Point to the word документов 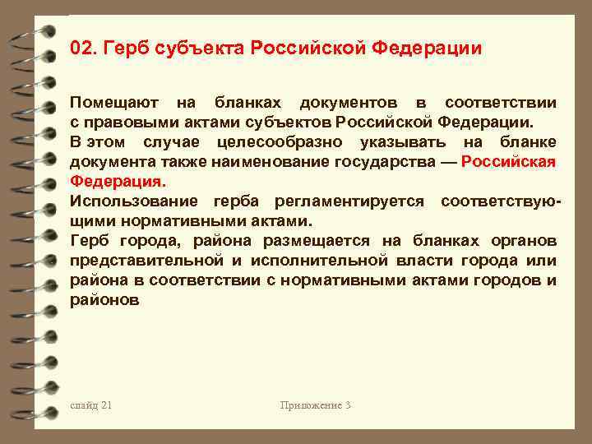[349, 104]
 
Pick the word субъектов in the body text [289, 123]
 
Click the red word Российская [509, 162]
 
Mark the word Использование [133, 201]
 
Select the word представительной [146, 261]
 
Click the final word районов [104, 300]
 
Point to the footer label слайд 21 [90, 405]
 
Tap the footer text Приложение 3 [316, 405]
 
